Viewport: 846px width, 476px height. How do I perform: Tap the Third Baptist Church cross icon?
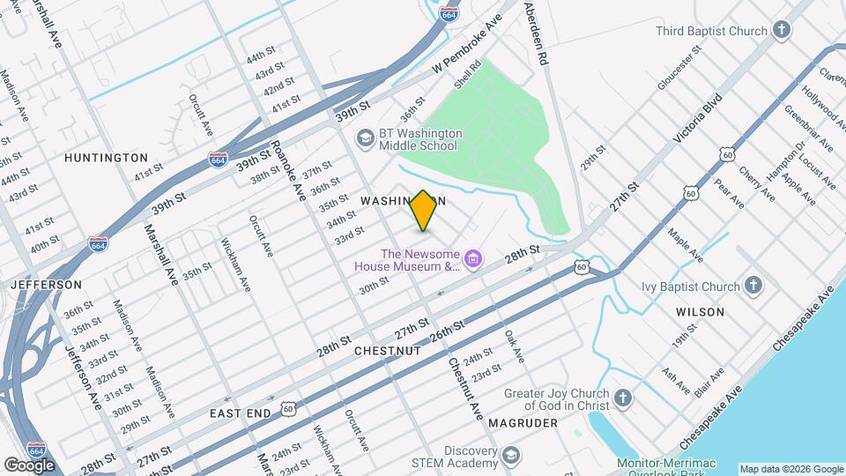tap(781, 32)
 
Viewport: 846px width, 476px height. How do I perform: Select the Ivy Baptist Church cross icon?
tap(753, 286)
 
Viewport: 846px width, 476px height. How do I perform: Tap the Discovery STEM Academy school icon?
tap(509, 455)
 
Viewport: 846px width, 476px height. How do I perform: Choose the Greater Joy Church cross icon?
tap(623, 399)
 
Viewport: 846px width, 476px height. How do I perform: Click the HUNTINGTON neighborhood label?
tap(106, 157)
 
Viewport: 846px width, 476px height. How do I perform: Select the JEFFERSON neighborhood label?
tap(46, 285)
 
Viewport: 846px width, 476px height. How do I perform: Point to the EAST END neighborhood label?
tap(239, 413)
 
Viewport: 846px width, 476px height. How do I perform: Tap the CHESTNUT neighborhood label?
tap(387, 350)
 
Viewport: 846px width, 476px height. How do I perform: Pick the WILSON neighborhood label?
tap(700, 312)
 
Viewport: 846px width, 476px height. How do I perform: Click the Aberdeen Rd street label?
tap(537, 33)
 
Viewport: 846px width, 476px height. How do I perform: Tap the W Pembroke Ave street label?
tap(466, 44)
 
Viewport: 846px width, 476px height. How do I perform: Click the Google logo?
tap(29, 465)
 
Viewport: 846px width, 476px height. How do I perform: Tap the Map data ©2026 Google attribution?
tap(791, 469)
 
